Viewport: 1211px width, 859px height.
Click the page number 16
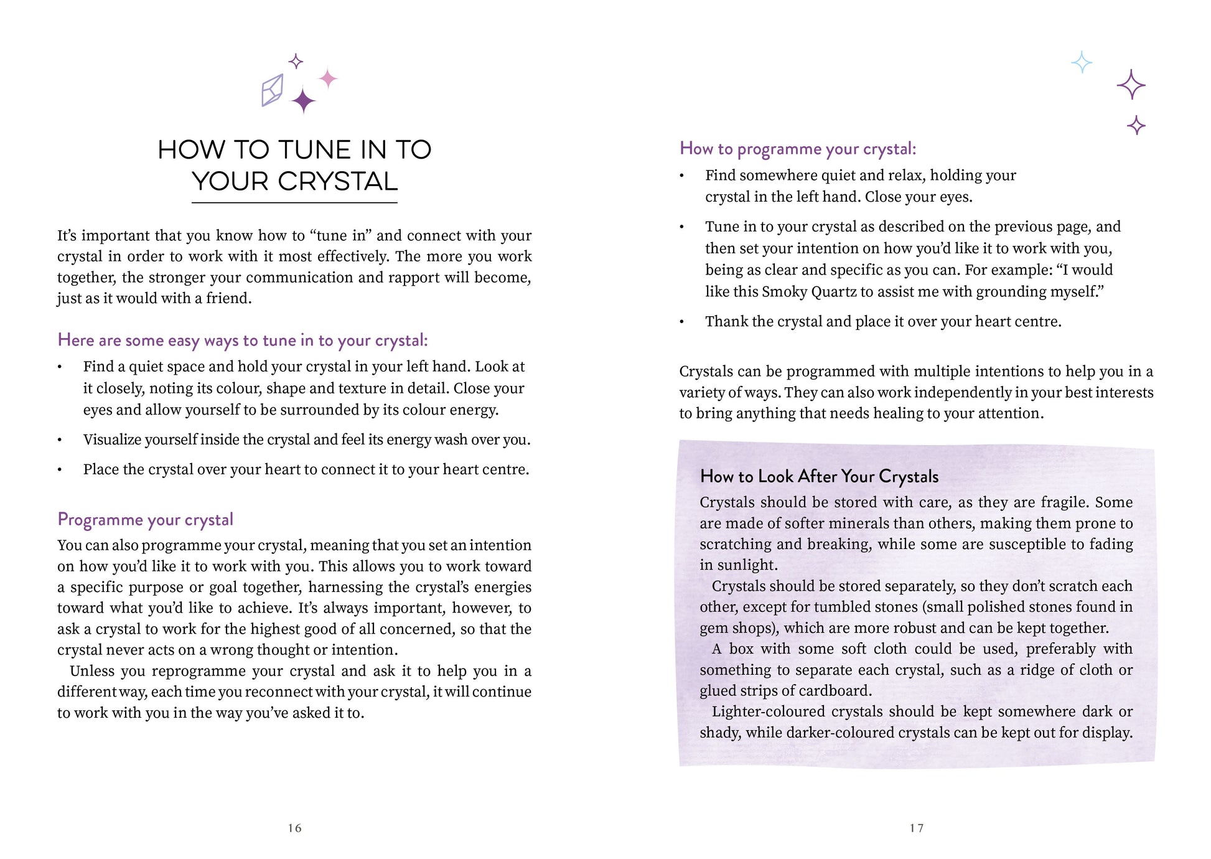[294, 828]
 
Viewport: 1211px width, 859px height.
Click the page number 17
[916, 828]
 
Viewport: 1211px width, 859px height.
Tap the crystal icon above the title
[272, 90]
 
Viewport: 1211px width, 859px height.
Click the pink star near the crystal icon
[328, 78]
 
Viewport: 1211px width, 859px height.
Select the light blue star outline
[1082, 62]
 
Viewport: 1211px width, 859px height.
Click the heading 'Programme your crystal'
[145, 519]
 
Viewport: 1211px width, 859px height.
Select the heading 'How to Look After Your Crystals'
[819, 477]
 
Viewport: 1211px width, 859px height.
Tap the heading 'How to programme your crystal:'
[798, 149]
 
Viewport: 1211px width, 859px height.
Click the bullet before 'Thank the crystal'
[682, 322]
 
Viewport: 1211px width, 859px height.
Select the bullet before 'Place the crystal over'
[60, 470]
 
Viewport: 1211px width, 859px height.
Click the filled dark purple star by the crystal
[303, 101]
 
